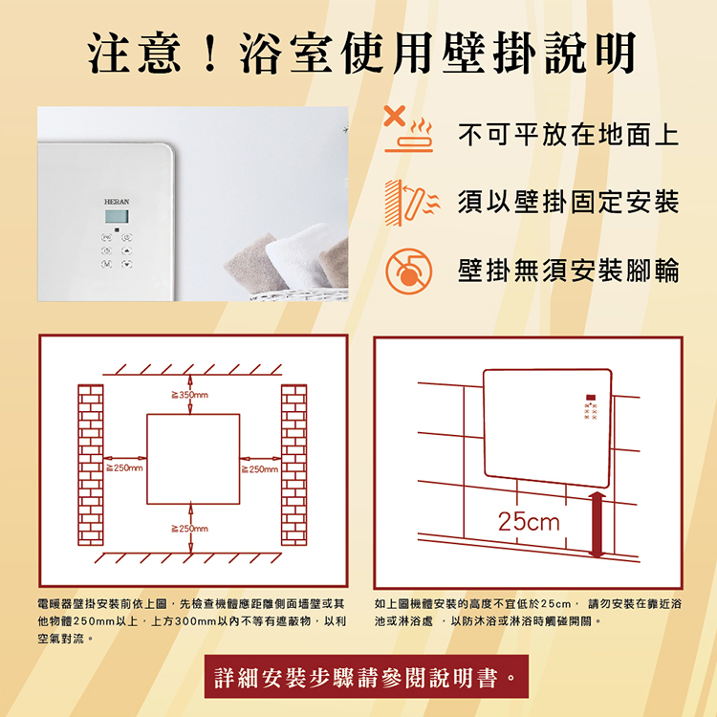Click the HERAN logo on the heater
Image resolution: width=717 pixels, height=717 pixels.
[x=117, y=202]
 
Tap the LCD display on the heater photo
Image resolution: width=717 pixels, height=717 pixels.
[x=117, y=216]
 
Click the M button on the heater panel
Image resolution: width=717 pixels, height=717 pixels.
[x=106, y=264]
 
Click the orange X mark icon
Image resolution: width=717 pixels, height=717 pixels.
[x=395, y=116]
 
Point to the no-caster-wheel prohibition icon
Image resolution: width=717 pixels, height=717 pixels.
[x=408, y=272]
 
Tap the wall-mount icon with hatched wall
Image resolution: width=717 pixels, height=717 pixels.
[x=411, y=203]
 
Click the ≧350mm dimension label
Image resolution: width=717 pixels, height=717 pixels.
[x=190, y=395]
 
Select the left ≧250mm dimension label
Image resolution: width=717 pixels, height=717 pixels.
[x=124, y=467]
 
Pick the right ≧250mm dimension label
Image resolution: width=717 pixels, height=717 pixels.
[x=259, y=469]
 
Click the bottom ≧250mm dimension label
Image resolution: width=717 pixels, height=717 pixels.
[x=190, y=529]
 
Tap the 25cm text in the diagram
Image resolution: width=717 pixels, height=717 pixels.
[x=529, y=522]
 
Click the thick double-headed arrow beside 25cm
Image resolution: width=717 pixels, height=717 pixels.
[x=597, y=525]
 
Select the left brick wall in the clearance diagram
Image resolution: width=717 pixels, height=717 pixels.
[x=91, y=465]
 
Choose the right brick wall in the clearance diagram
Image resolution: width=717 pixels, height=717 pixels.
[x=294, y=465]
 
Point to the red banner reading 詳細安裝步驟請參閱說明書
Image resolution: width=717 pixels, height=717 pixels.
[x=366, y=676]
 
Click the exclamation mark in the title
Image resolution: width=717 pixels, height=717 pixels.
[x=210, y=54]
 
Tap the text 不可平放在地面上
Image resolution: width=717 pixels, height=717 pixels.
[x=569, y=135]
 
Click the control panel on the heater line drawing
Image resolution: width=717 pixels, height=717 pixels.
[x=591, y=407]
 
